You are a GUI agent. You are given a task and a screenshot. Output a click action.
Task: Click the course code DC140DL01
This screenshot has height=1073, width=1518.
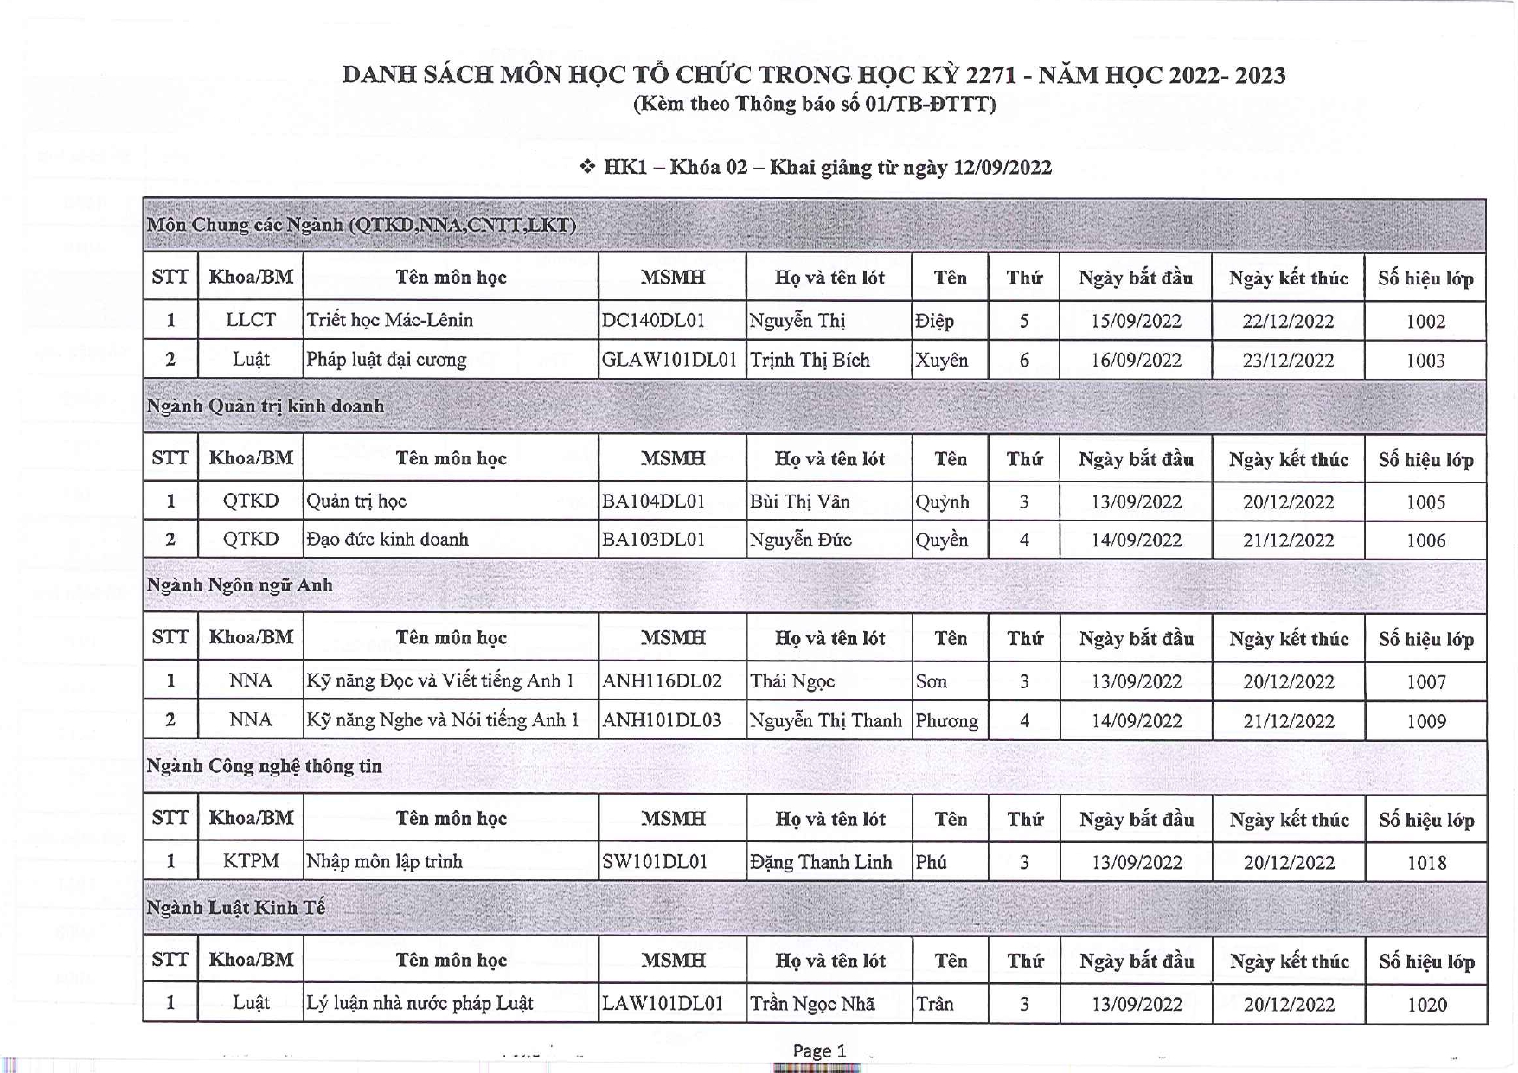pyautogui.click(x=653, y=321)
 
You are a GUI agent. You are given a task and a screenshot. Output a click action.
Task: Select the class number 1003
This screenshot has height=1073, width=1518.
pyautogui.click(x=1425, y=361)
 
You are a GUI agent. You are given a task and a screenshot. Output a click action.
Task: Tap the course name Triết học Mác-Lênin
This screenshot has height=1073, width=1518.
pyautogui.click(x=390, y=321)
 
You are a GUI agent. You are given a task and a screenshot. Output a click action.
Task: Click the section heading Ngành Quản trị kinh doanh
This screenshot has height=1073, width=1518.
pyautogui.click(x=265, y=406)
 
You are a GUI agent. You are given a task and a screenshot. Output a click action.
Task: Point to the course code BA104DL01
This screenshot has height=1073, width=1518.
pyautogui.click(x=653, y=501)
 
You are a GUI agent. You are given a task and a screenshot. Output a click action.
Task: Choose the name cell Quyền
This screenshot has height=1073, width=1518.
pyautogui.click(x=942, y=540)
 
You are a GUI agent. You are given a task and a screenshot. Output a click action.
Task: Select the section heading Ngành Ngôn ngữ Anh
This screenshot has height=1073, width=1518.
pyautogui.click(x=240, y=585)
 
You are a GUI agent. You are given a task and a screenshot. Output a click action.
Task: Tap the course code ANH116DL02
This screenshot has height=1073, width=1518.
pyautogui.click(x=662, y=681)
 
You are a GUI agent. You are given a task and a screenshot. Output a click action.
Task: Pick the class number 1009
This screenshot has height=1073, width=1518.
pyautogui.click(x=1425, y=721)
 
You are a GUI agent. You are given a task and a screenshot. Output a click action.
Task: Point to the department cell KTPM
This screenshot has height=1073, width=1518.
pyautogui.click(x=251, y=862)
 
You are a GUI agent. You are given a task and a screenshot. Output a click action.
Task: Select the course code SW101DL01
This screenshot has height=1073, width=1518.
pyautogui.click(x=655, y=862)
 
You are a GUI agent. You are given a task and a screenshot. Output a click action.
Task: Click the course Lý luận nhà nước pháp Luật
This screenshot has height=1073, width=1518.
pyautogui.click(x=420, y=1004)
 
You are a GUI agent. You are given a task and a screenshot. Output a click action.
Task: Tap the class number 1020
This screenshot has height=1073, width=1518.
pyautogui.click(x=1426, y=1005)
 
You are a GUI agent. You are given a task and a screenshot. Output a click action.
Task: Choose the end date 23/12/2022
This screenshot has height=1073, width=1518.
pyautogui.click(x=1288, y=361)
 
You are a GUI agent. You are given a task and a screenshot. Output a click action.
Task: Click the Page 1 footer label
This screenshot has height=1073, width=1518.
pyautogui.click(x=819, y=1051)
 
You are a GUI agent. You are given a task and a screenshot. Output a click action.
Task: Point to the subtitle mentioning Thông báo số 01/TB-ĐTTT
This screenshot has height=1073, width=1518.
pyautogui.click(x=814, y=105)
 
